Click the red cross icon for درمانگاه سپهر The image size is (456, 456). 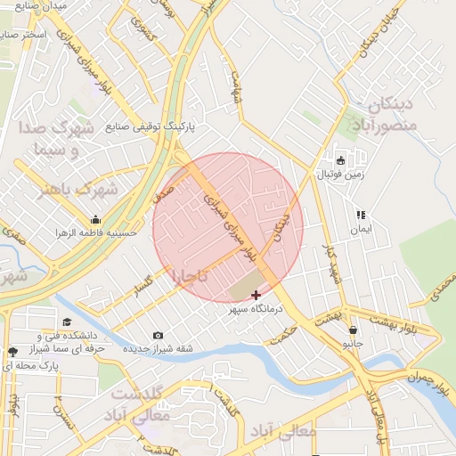tap(256, 295)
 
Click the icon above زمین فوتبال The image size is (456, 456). tap(340, 160)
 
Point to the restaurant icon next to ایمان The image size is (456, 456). tap(361, 215)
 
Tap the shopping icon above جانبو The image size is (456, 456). tap(354, 330)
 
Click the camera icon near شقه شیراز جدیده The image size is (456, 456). tap(158, 335)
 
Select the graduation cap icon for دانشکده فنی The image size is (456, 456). tap(67, 322)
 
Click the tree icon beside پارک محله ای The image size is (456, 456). tap(12, 352)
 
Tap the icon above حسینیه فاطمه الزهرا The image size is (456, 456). tap(95, 220)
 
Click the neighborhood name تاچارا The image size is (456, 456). tap(190, 277)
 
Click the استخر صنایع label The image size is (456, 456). tap(36, 34)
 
